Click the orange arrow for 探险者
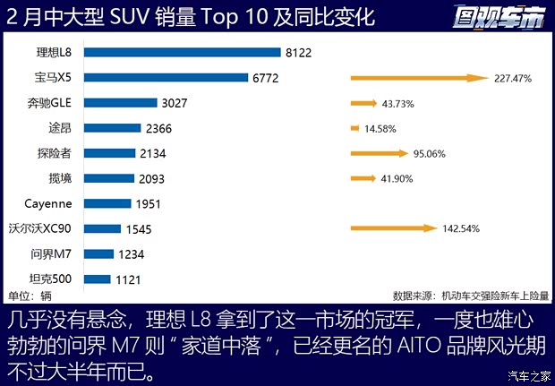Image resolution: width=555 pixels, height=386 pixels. click(x=379, y=153)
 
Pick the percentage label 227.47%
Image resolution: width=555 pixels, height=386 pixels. click(x=513, y=78)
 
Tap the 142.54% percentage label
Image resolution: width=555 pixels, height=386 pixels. click(x=462, y=228)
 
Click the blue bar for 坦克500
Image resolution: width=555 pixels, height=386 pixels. click(x=98, y=279)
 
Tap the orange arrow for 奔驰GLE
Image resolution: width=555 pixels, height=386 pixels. click(x=364, y=103)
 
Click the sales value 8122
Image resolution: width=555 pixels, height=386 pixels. click(x=298, y=53)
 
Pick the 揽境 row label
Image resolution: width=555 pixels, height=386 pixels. click(x=71, y=178)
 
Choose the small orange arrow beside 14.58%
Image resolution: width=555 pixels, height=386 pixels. click(x=355, y=128)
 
